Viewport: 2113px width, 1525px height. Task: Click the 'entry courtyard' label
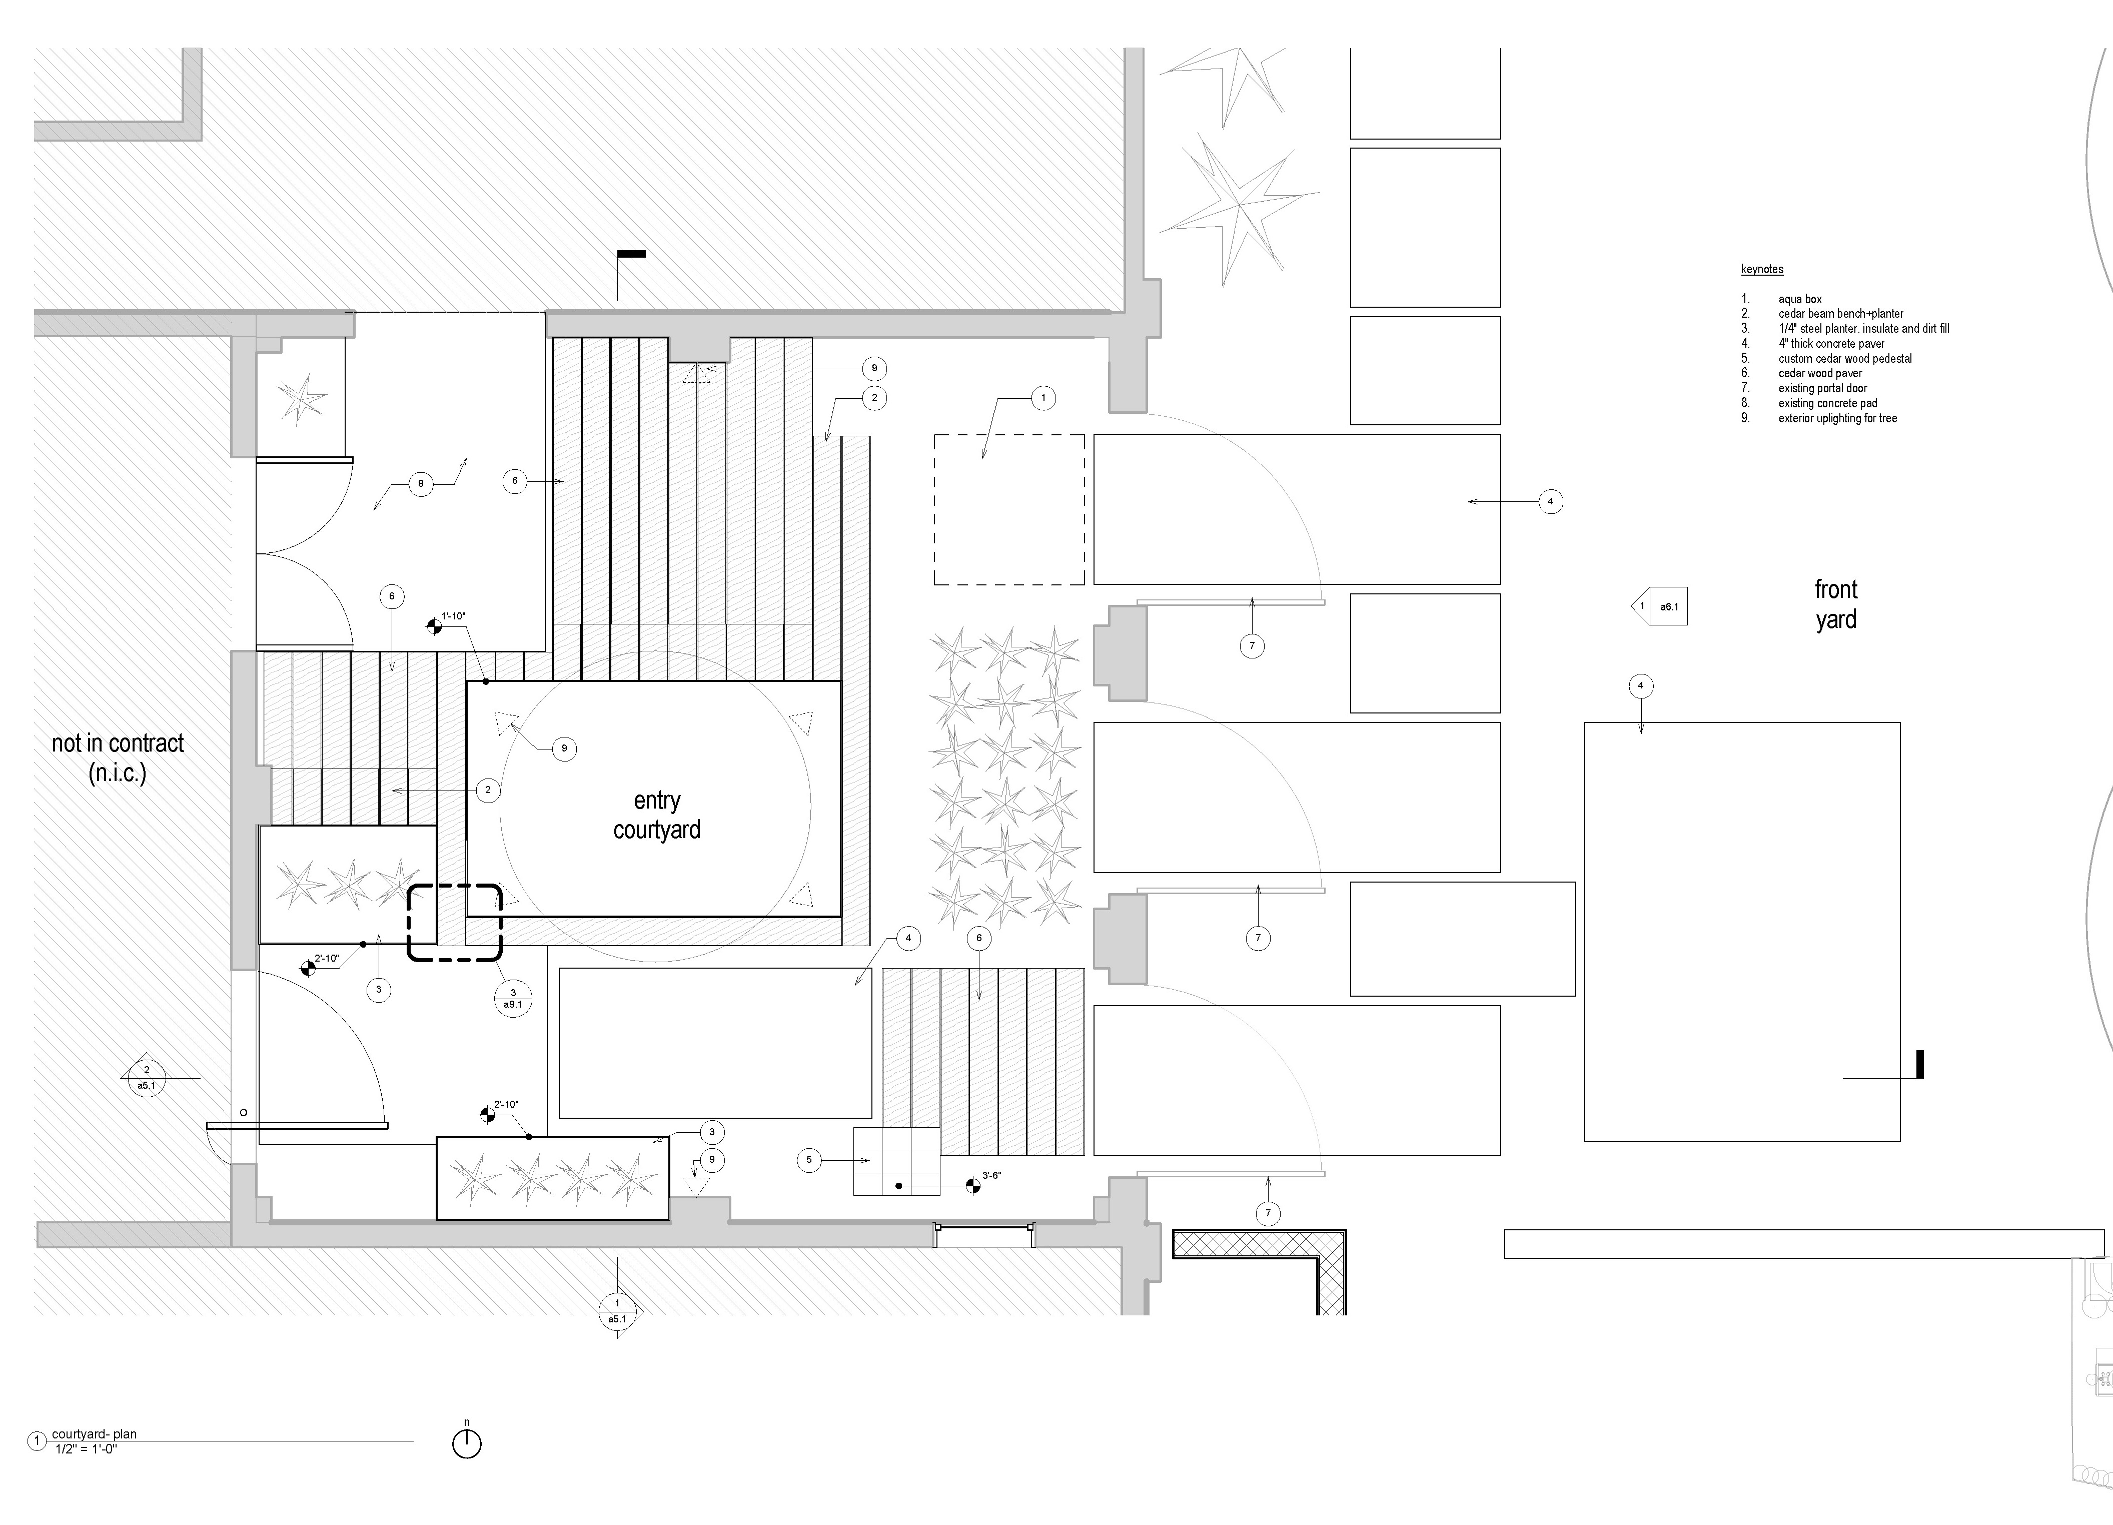click(657, 815)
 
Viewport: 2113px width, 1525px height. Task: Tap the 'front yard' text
click(1835, 604)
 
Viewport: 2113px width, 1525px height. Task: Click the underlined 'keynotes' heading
click(1762, 269)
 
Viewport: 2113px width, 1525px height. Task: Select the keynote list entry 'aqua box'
click(1800, 299)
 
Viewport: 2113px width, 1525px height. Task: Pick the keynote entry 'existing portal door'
click(1822, 388)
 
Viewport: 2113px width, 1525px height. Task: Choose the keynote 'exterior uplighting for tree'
click(1837, 418)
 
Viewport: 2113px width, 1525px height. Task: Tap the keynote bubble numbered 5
click(809, 1160)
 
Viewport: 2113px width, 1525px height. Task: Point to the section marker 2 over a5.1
click(146, 1078)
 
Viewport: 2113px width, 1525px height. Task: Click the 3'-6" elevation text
click(991, 1176)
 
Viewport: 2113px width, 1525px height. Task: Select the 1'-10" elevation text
click(454, 616)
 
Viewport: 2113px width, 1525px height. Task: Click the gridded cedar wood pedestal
click(896, 1162)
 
